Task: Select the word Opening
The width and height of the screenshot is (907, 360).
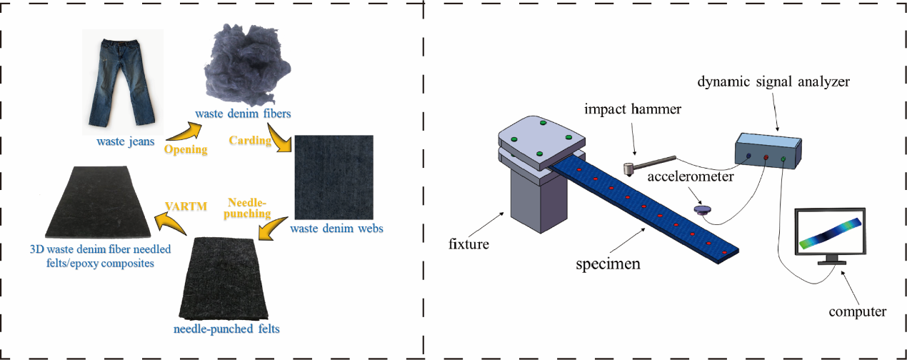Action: click(185, 150)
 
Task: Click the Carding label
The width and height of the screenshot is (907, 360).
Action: click(250, 141)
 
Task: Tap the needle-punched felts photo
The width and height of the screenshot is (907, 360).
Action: click(222, 279)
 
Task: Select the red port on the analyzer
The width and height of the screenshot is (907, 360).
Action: click(766, 157)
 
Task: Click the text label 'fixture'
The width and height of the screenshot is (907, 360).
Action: click(469, 244)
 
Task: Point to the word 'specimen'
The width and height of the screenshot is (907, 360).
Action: click(608, 264)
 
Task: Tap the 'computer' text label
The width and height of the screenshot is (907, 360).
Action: click(858, 312)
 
